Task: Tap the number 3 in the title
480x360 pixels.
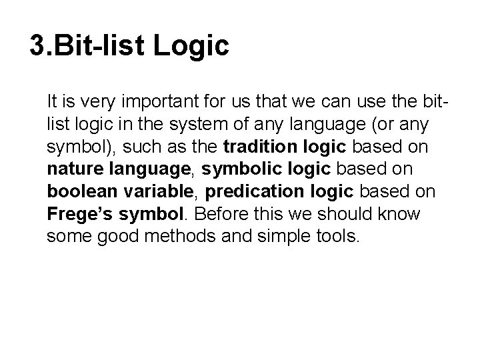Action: (x=38, y=46)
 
